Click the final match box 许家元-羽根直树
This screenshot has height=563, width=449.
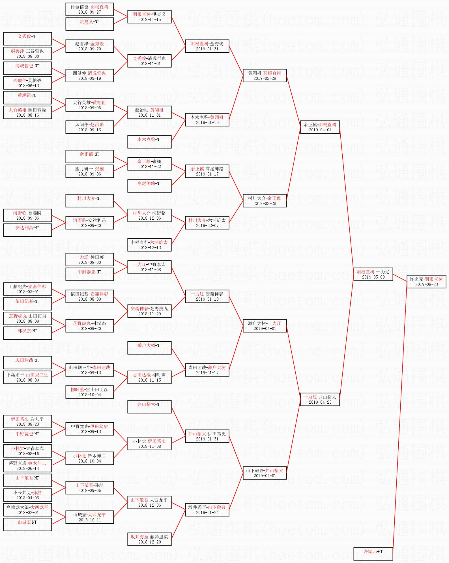click(x=426, y=281)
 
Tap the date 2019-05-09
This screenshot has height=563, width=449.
click(x=373, y=277)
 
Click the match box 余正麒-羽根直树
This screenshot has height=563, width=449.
click(x=320, y=127)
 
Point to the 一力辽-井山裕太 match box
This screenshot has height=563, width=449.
click(x=320, y=399)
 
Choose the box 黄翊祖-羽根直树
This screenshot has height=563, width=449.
click(x=265, y=75)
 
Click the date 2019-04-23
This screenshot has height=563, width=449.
click(x=320, y=402)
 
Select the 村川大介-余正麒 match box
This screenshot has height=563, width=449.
click(x=265, y=200)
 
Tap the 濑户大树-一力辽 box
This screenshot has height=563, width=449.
click(x=265, y=326)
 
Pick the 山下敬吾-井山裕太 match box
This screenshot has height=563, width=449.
click(x=265, y=473)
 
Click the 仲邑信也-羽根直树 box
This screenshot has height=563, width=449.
click(x=89, y=9)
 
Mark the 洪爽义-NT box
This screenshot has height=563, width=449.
click(x=89, y=24)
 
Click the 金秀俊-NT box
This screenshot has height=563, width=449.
click(x=27, y=38)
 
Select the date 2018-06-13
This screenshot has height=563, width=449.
click(x=28, y=86)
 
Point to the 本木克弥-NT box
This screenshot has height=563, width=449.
click(x=149, y=142)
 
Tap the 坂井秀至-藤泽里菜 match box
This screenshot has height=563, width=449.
click(x=149, y=539)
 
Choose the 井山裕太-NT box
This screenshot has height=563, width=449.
click(x=149, y=406)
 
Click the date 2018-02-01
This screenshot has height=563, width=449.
click(x=28, y=513)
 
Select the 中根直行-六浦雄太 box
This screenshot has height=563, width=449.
click(x=149, y=245)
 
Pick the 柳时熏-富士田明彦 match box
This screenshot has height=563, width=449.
click(x=89, y=392)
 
